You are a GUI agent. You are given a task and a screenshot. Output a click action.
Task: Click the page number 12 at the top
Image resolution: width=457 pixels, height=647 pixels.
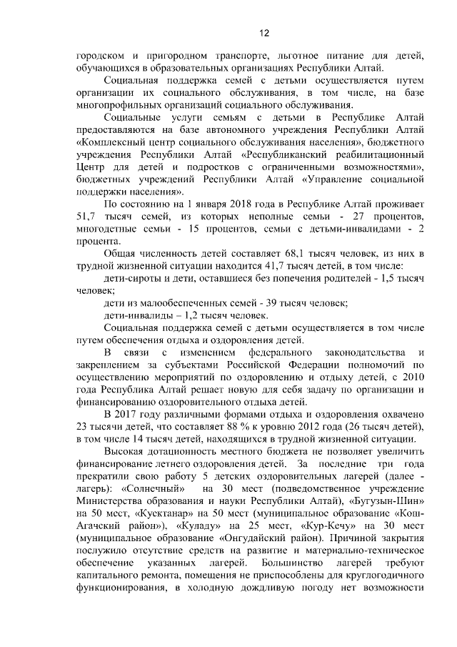point(263,32)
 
